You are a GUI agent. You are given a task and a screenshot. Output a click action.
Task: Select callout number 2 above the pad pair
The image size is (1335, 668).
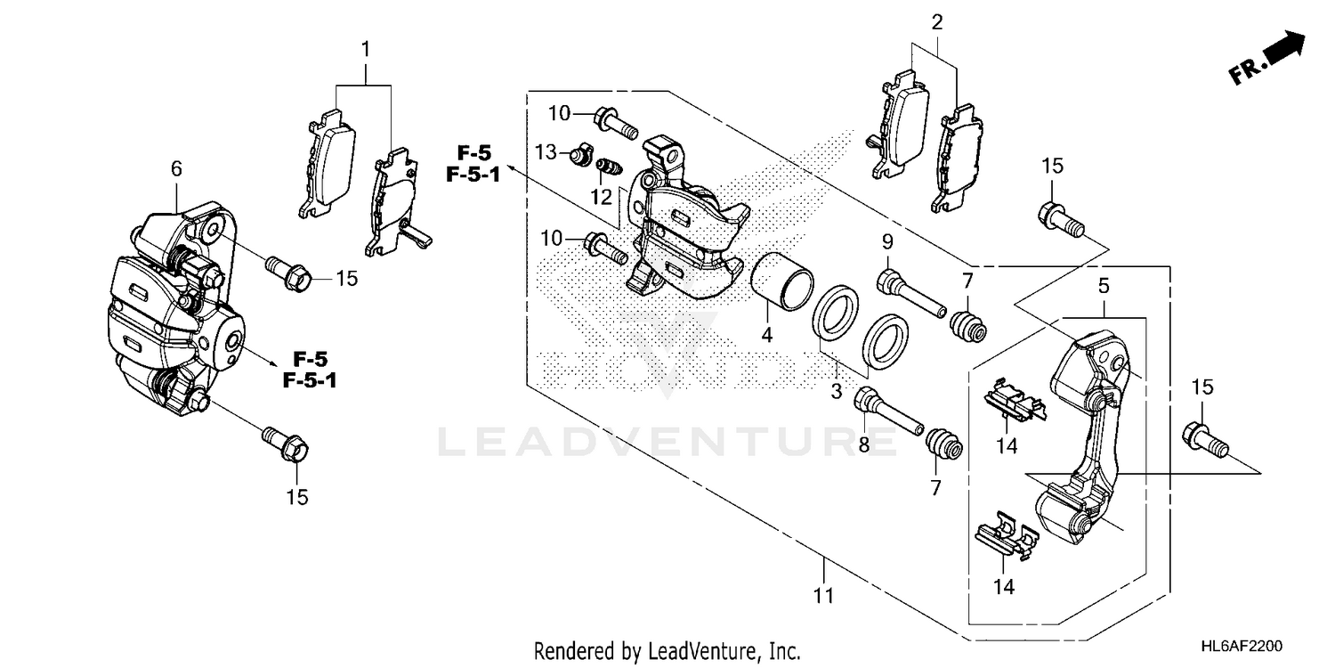coord(936,22)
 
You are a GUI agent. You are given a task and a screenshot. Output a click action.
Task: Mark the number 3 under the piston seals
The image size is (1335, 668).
coord(837,391)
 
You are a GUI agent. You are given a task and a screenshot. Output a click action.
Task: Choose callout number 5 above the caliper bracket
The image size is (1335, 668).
coord(1103,287)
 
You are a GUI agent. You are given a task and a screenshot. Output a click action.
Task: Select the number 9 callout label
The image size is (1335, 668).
coord(886,241)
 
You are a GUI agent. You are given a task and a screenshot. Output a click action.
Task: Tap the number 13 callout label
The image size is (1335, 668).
coord(545,153)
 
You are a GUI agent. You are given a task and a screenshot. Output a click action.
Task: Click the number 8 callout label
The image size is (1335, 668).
coord(863,444)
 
